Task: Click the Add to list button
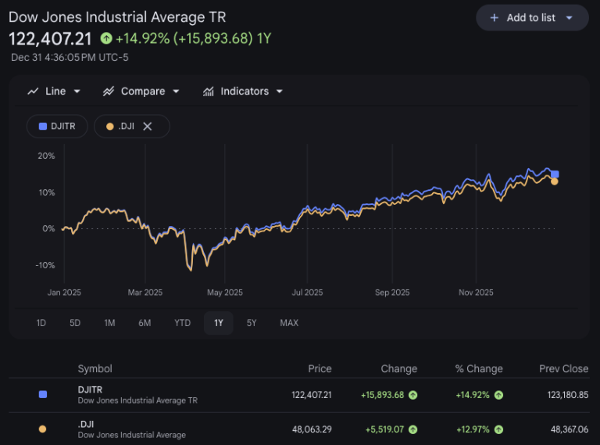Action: click(532, 17)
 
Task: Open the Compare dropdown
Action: click(141, 92)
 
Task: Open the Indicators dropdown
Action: click(243, 92)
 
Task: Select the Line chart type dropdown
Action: click(55, 92)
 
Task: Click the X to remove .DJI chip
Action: click(147, 126)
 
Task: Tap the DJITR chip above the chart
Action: click(57, 126)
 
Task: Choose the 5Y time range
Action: click(252, 323)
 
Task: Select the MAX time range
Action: click(289, 323)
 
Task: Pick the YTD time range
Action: click(182, 323)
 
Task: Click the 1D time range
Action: click(41, 323)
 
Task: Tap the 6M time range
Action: click(145, 323)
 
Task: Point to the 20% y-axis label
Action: click(46, 156)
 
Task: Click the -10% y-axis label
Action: click(45, 265)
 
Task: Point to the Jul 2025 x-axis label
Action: click(307, 292)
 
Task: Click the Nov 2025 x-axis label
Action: click(477, 292)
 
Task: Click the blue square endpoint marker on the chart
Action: click(555, 174)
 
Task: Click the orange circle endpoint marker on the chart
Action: click(555, 181)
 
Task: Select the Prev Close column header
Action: click(563, 369)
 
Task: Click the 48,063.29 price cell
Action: click(312, 429)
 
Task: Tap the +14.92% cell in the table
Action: click(473, 395)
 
